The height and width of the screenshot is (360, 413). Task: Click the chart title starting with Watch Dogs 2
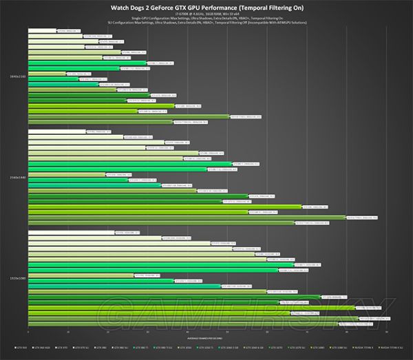(206, 8)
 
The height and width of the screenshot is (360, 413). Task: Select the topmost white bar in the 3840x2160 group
(42, 31)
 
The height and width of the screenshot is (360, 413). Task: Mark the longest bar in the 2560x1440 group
(187, 218)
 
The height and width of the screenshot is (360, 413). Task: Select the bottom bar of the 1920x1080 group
(183, 324)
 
